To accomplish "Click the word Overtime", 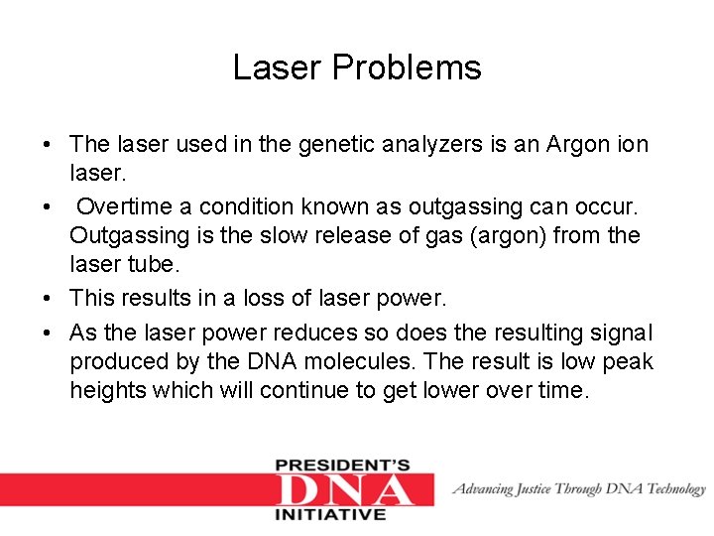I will [x=134, y=206].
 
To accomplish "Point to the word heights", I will [x=107, y=390].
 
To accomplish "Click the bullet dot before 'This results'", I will [x=48, y=298].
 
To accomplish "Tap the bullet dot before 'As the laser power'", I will [x=48, y=332].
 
